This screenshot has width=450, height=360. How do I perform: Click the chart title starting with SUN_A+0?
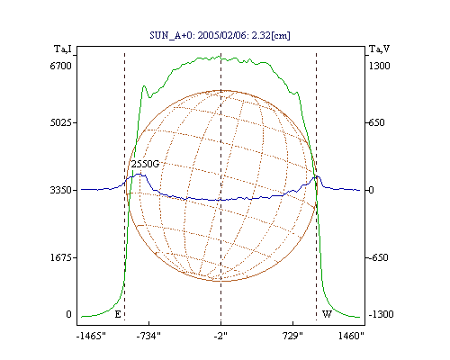coord(220,35)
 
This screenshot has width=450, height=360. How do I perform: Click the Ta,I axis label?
coord(63,49)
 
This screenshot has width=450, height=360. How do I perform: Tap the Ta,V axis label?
coord(379,49)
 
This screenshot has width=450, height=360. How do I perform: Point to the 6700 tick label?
coord(61,66)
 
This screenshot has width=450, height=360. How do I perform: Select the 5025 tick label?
coord(61,122)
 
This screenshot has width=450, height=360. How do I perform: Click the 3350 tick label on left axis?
coord(61,190)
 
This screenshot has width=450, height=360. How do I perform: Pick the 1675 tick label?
coord(61,257)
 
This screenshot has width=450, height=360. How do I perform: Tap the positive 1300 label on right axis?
coord(379,66)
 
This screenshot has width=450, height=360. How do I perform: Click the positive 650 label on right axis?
coord(377,122)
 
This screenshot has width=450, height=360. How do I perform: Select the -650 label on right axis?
coord(378,257)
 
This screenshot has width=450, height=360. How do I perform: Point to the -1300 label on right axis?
coord(381,314)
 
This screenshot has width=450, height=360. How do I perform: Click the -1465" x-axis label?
coord(91,336)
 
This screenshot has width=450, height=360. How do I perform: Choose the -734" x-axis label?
coord(148,336)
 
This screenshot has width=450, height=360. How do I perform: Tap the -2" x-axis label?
coord(220,336)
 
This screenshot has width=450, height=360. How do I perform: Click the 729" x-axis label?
coord(292,336)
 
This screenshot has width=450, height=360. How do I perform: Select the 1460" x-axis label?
coord(351,336)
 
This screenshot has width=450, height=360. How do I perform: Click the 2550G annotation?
coord(145,164)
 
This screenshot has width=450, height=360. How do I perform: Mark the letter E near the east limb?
coord(118,314)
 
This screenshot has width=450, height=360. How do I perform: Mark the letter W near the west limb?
coord(327,314)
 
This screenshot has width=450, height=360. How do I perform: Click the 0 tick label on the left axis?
coord(68,314)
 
